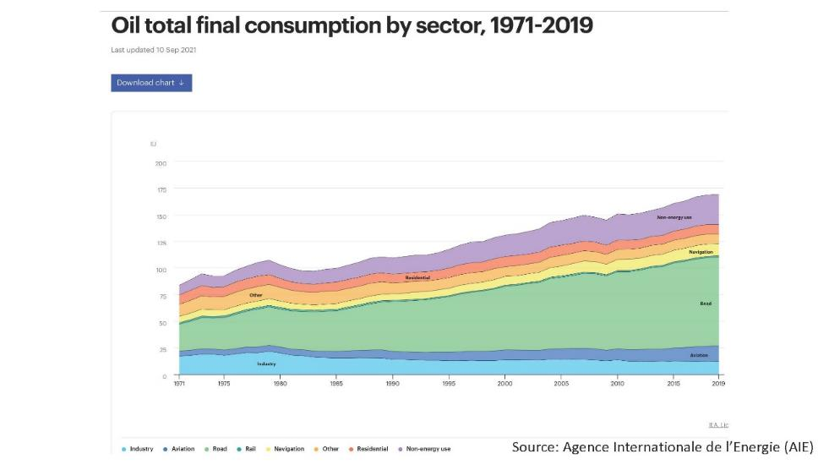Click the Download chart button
pos(151,83)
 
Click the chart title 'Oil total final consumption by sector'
pos(352,26)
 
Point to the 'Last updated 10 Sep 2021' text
pos(154,50)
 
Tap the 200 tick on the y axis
pos(161,163)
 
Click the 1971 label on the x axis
pos(179,384)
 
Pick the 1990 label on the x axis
pos(392,384)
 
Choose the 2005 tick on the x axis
pos(560,384)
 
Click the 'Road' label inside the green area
pos(705,303)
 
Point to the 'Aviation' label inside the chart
pos(699,355)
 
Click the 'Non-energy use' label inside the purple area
pos(674,217)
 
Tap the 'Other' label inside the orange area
pos(255,295)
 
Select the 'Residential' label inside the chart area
pos(417,277)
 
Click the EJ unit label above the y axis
pos(153,145)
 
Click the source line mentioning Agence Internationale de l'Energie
pos(662,447)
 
